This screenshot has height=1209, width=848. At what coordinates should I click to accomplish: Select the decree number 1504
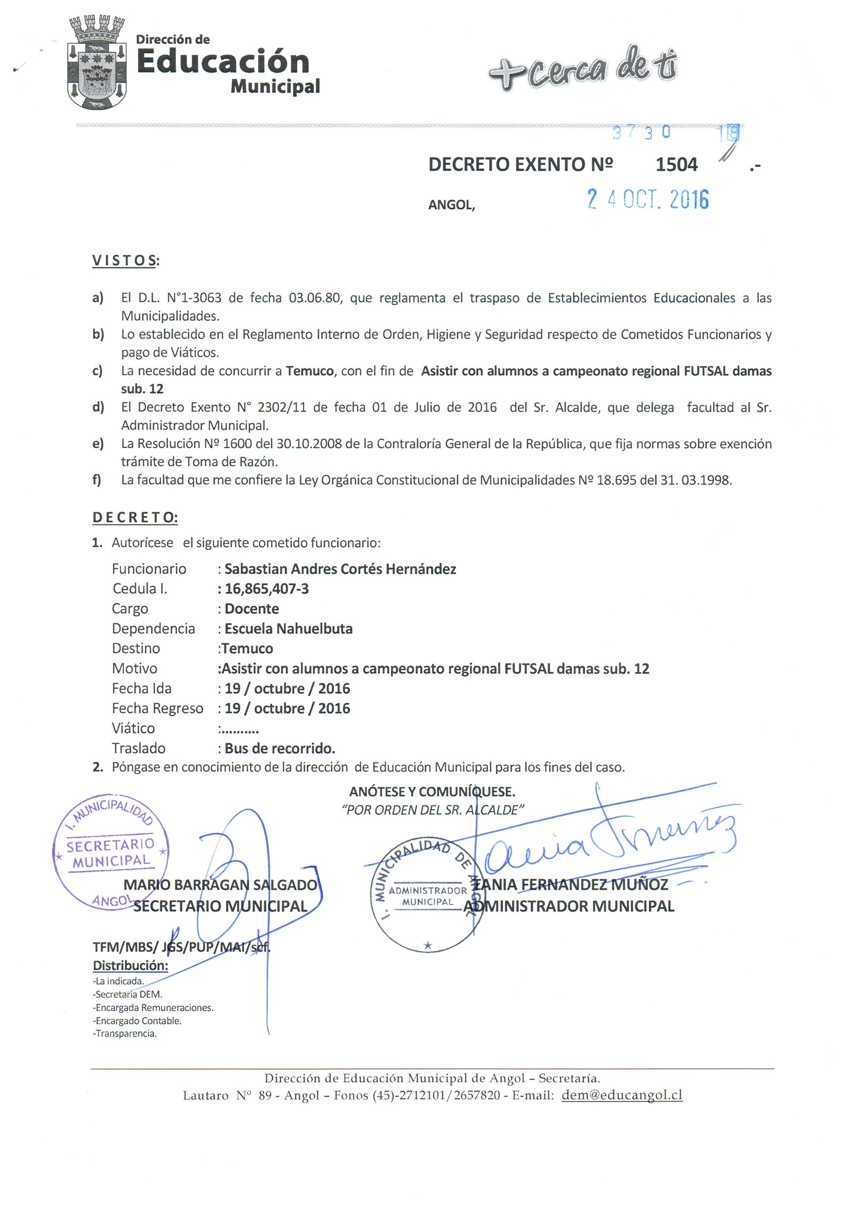coord(676,165)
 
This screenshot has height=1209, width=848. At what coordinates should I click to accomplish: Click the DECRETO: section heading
coord(135,518)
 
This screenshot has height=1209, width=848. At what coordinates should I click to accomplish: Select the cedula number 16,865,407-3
coord(267,589)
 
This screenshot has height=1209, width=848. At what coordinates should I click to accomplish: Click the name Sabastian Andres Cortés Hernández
coord(340,569)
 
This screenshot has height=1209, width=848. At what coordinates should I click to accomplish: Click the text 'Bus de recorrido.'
coord(280,748)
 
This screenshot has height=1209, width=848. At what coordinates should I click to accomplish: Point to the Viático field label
coord(133,728)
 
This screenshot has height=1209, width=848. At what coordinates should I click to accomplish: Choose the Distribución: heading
coord(131,965)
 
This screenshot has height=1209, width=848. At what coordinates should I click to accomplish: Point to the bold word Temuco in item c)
coord(310,371)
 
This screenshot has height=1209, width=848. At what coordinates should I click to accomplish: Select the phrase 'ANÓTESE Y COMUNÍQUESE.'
coord(432,791)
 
